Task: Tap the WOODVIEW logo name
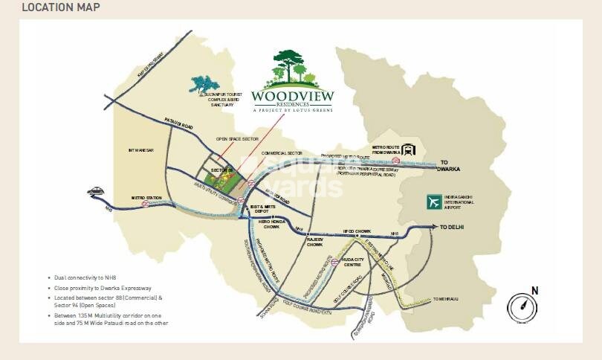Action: (292, 95)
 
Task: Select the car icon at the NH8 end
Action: (95, 192)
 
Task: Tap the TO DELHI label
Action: (452, 228)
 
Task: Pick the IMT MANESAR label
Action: (140, 150)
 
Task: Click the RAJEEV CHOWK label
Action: (315, 241)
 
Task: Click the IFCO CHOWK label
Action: (357, 231)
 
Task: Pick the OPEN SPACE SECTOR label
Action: (236, 139)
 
